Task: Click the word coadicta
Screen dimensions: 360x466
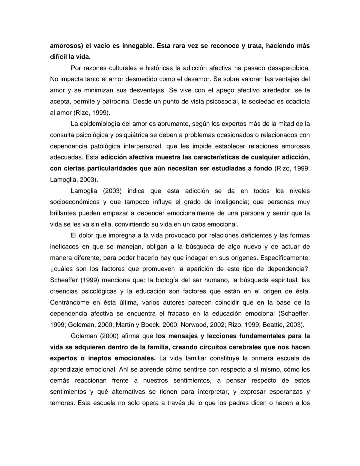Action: pos(295,101)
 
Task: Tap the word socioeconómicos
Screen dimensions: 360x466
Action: pos(75,202)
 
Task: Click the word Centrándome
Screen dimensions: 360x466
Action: pos(69,303)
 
